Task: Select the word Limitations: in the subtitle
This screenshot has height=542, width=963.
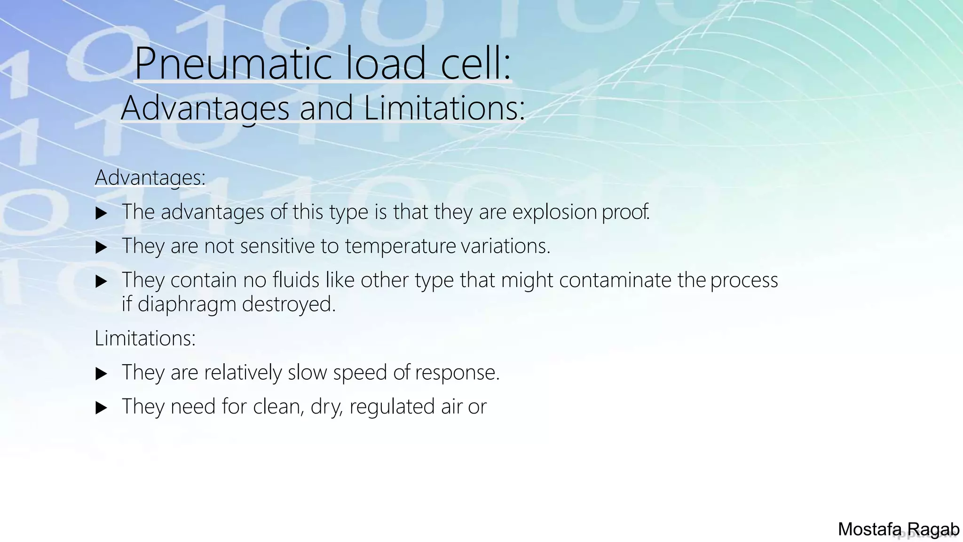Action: coord(444,108)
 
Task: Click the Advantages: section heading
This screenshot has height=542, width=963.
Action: coord(150,177)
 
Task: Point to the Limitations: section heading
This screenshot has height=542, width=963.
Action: coord(145,338)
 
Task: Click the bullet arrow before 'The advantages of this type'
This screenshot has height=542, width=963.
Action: coord(101,213)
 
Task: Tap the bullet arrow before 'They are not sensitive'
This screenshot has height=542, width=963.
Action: coord(101,247)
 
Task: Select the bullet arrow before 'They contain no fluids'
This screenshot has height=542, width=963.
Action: coord(101,281)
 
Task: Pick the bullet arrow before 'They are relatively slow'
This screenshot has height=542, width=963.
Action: coord(101,374)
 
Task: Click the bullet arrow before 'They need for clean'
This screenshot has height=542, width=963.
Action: coord(101,407)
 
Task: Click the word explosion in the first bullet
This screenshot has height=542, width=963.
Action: coord(554,212)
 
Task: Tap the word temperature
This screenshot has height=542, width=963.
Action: coord(400,246)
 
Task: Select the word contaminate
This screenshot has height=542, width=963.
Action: coord(615,280)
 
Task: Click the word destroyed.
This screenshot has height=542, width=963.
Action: coord(289,304)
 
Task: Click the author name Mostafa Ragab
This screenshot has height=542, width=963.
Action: coord(898,529)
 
